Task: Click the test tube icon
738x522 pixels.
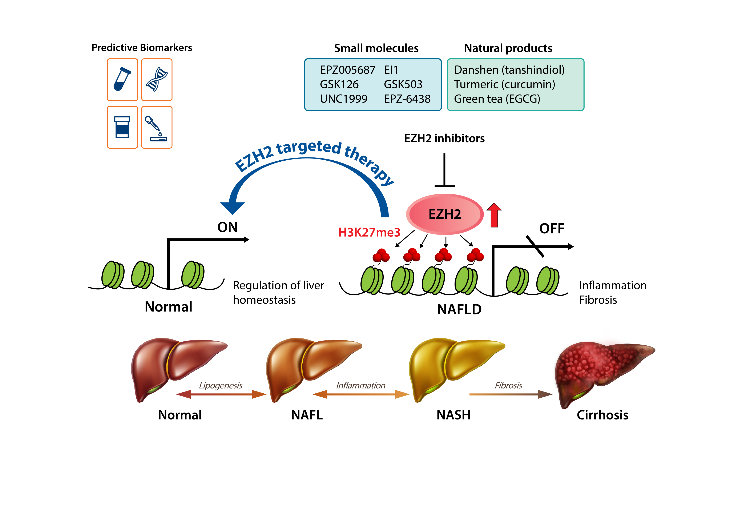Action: pos(122,79)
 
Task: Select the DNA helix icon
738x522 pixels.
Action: pos(157,79)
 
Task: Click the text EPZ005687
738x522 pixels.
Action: pos(347,70)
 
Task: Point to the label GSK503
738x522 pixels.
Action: pos(403,84)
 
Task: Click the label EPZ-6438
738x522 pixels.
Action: pos(407,99)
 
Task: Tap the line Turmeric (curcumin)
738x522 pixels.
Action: pos(504,84)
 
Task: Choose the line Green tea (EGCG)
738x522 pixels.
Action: pos(497,99)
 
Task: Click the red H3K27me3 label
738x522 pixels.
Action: pos(369,232)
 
